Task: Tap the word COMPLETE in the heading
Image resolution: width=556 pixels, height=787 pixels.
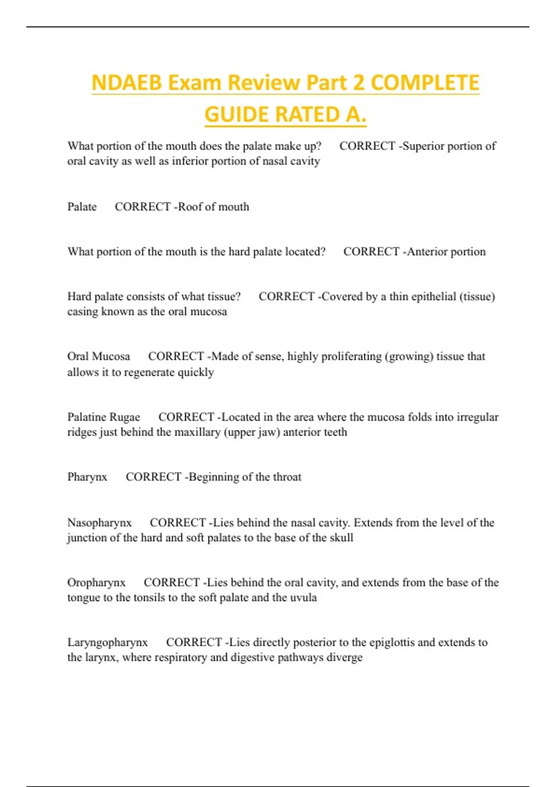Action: pos(425,83)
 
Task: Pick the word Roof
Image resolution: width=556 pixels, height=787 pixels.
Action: pos(190,207)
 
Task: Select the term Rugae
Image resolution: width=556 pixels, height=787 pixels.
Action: pos(125,417)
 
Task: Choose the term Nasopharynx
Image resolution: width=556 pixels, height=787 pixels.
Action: pos(99,523)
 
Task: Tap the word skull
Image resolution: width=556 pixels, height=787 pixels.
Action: pos(341,538)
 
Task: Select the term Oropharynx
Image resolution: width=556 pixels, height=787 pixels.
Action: pos(96,583)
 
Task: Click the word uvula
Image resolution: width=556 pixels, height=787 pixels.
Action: pos(303,598)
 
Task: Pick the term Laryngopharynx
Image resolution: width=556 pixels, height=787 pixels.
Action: pos(107,643)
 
